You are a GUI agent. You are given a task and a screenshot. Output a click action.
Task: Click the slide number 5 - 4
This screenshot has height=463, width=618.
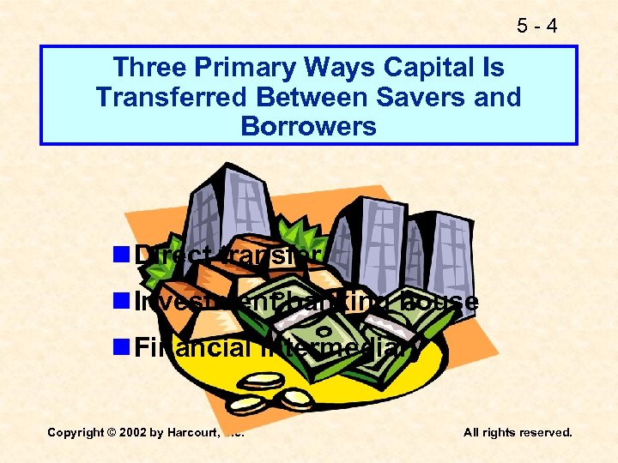point(538,27)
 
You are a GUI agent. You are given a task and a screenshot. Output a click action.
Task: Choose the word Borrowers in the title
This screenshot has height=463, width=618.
point(309,126)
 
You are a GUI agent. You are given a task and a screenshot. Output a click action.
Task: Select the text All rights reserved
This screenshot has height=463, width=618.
point(518,432)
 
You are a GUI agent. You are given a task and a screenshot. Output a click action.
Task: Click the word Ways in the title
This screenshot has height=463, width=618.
point(307,67)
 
